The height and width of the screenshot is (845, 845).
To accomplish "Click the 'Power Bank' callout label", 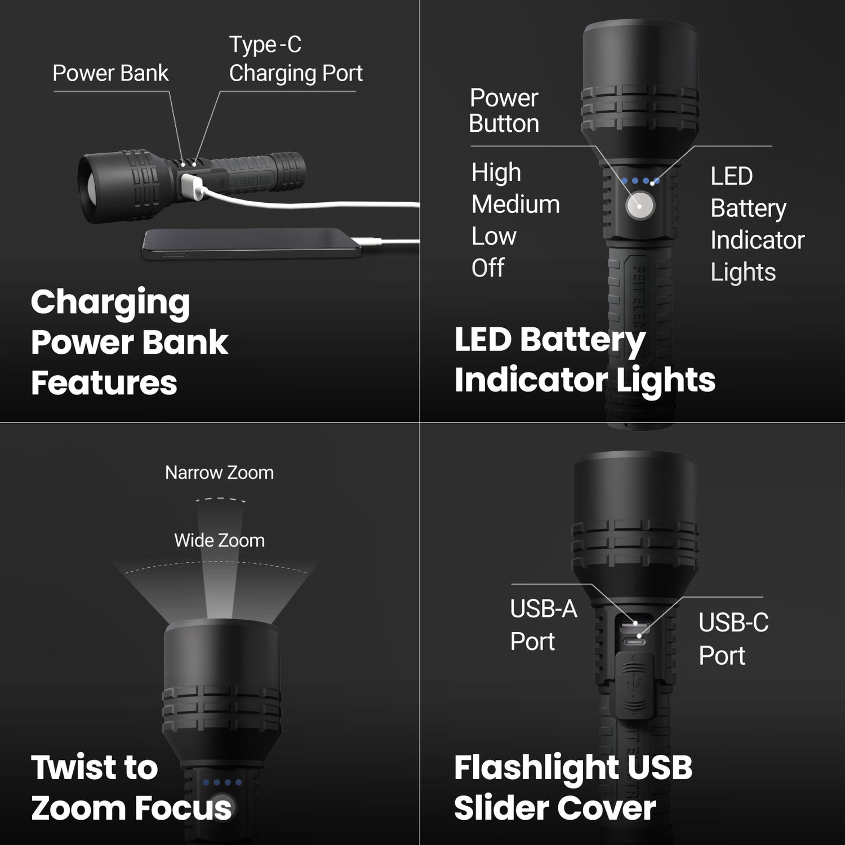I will [x=110, y=73].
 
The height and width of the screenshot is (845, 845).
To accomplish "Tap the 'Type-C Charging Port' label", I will [x=295, y=59].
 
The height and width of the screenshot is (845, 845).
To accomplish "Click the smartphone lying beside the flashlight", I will [x=251, y=244].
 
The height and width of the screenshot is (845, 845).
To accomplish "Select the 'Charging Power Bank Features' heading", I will [x=130, y=342].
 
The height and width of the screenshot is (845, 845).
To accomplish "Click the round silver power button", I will [x=640, y=206].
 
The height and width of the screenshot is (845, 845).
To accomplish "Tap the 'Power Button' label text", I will [x=504, y=111].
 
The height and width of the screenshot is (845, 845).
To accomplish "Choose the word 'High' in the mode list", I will [x=496, y=172].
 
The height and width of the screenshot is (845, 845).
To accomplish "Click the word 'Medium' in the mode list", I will [x=515, y=204].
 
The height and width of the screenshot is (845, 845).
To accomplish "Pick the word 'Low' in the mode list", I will [x=493, y=237].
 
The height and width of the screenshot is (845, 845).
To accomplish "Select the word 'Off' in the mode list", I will [x=488, y=268].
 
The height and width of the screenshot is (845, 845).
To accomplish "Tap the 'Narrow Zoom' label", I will [x=219, y=473].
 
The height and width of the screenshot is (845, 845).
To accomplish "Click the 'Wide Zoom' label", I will [x=219, y=540].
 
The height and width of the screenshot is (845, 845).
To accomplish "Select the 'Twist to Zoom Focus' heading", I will [x=131, y=787].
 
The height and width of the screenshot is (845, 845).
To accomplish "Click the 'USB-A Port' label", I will [x=543, y=625].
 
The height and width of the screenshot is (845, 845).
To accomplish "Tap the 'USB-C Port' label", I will [x=733, y=639].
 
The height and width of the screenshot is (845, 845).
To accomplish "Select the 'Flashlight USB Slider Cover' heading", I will [x=572, y=788].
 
